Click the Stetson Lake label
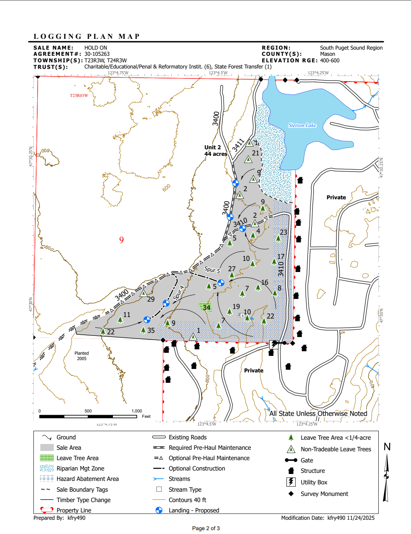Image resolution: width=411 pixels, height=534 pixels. point(302,125)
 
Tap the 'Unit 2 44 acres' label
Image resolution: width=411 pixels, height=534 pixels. point(215,150)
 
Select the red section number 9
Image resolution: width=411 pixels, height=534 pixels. point(121,240)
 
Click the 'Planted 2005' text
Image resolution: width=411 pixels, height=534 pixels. point(81,356)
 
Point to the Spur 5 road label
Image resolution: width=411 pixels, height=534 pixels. point(212,270)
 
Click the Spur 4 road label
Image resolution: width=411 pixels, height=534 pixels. point(178,292)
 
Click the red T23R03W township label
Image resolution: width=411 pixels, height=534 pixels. point(79,95)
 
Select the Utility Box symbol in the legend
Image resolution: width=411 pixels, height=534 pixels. point(291,482)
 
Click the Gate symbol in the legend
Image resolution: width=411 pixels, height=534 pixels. point(291,460)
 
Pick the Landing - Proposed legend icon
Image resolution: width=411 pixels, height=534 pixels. point(159,510)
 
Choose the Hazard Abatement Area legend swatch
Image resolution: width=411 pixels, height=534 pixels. point(47,479)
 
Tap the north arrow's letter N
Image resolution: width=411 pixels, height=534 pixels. point(387,447)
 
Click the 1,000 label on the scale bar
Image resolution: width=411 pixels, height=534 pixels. point(137,411)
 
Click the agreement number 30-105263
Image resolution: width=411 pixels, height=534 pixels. point(97,54)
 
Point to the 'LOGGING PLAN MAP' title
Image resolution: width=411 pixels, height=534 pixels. point(87,37)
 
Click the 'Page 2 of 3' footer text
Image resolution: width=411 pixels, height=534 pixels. point(206,528)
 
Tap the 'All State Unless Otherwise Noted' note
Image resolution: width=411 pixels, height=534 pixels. point(318,414)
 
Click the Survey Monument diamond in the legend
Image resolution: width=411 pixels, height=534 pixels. point(291,494)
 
